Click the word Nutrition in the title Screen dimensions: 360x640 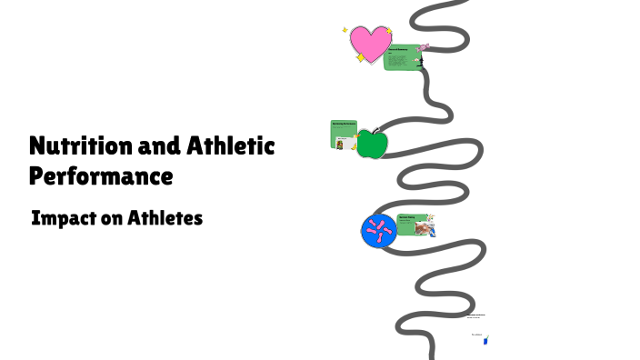tap(73, 145)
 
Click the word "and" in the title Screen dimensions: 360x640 tap(150, 145)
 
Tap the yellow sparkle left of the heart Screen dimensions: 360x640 tap(345, 30)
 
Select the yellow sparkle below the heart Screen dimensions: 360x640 tap(361, 58)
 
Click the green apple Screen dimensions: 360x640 tap(371, 144)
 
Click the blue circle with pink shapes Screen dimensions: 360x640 tap(377, 230)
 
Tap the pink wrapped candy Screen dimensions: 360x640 tap(424, 48)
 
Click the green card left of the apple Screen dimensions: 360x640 tap(344, 134)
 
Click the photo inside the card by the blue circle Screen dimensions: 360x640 tap(425, 228)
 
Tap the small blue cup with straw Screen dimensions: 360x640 tap(485, 340)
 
